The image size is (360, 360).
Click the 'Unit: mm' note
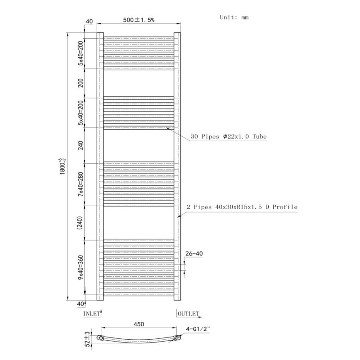[234, 18]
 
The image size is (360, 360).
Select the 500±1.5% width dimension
[139, 20]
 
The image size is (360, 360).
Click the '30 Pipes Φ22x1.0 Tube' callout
[229, 137]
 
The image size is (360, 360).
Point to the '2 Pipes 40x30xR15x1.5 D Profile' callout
[242, 207]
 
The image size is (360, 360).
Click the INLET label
[92, 314]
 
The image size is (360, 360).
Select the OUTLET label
[189, 314]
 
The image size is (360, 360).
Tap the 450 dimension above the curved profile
[139, 324]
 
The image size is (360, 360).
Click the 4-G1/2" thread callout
[198, 329]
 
